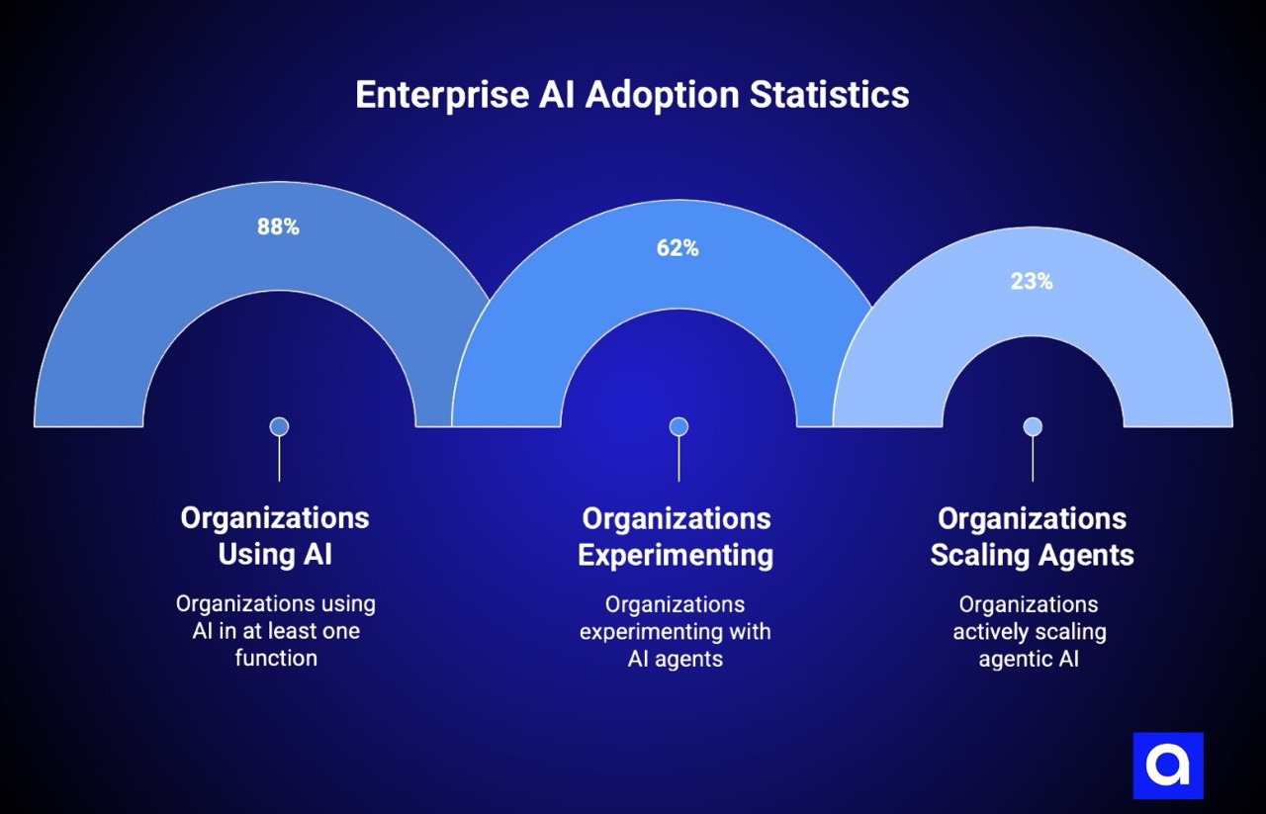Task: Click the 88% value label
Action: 278,226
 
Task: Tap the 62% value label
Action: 678,248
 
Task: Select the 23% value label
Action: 1032,281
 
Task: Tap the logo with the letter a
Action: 1168,766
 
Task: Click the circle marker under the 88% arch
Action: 279,426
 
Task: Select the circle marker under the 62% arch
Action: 678,426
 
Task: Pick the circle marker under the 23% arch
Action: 1033,426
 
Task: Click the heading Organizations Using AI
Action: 275,535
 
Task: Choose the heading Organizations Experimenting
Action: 676,536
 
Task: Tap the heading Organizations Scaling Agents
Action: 1032,536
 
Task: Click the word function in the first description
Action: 276,658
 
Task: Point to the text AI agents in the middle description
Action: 676,659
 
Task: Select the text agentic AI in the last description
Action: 1029,659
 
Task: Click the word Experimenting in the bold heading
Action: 676,555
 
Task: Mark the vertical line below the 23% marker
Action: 1033,459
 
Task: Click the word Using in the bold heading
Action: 254,554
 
